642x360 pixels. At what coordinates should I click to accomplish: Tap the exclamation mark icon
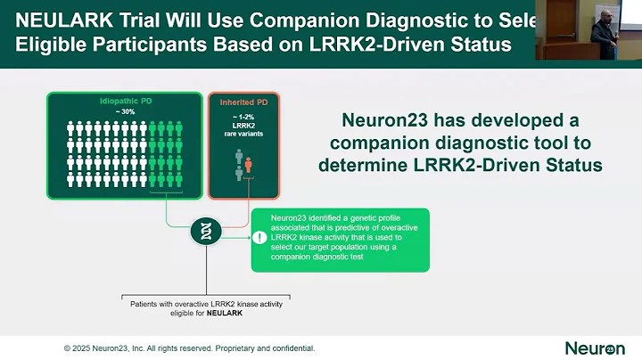click(x=259, y=239)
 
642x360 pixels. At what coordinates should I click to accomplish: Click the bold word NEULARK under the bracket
click(x=226, y=314)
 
